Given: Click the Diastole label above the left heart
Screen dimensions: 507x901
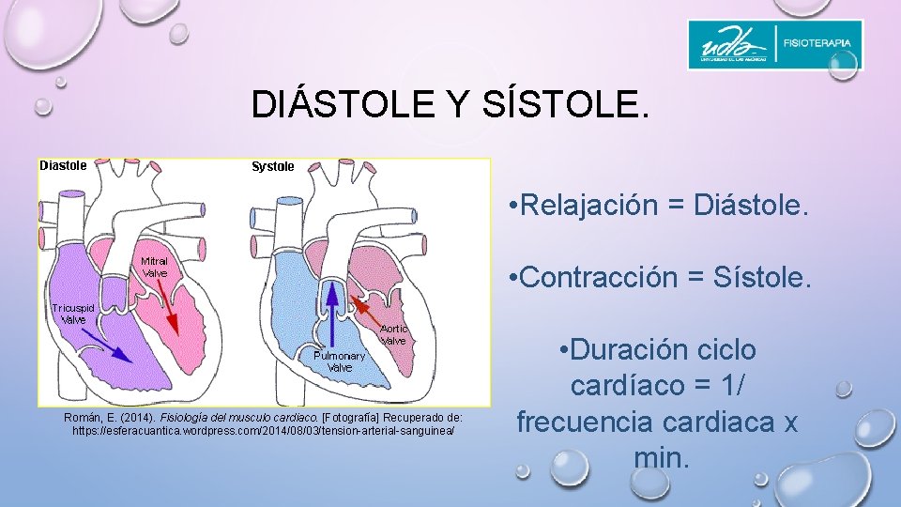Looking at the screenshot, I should (x=63, y=165).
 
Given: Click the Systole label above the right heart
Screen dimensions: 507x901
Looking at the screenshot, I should (x=272, y=166).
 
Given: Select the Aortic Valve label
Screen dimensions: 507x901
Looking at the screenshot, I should (x=393, y=334).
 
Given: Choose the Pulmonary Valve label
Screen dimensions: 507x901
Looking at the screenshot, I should (x=339, y=361).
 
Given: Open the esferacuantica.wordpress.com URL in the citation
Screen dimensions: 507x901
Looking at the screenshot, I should (x=264, y=429).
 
